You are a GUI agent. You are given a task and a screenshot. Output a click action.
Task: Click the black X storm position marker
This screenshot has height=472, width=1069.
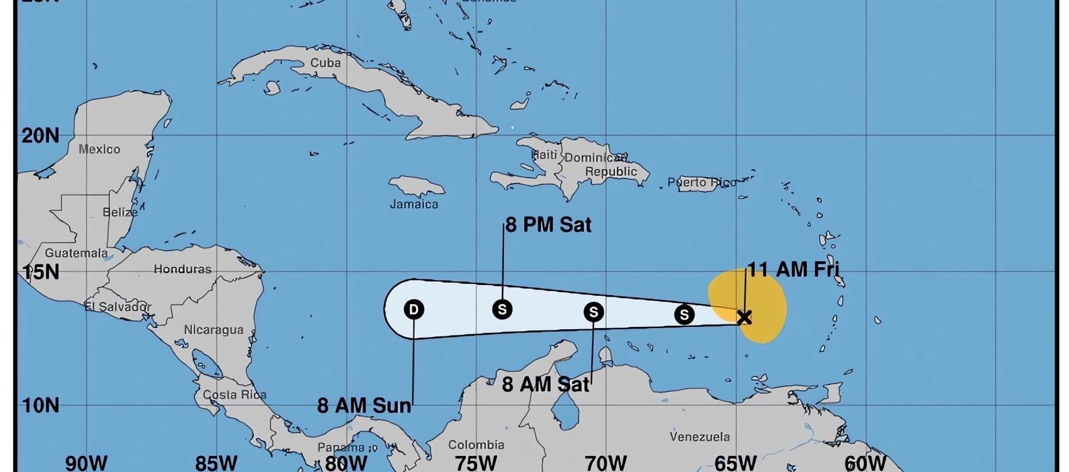coord(744,317)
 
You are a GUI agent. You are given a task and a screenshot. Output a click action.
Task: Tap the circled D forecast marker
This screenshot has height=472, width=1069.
coord(413,309)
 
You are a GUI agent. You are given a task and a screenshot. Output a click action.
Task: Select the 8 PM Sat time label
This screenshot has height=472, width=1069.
coord(548,225)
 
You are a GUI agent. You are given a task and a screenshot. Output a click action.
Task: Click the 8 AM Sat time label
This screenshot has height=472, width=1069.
coord(545,384)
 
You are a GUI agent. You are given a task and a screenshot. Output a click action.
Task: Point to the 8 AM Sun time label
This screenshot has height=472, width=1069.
coord(364,406)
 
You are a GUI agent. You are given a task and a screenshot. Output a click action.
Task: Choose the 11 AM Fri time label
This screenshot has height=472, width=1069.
coord(793,269)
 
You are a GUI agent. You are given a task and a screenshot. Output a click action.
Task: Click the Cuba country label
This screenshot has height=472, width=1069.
coord(325,62)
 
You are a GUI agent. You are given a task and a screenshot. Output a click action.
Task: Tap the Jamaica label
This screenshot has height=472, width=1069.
coord(414,204)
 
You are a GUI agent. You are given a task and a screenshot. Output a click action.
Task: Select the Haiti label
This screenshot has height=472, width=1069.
coord(545,155)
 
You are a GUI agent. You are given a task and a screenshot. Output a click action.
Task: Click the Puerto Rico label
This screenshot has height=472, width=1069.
coord(701,182)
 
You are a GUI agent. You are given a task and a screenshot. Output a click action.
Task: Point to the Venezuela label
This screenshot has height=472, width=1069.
coord(700,436)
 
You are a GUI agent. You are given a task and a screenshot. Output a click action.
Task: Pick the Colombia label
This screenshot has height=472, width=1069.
coord(476,445)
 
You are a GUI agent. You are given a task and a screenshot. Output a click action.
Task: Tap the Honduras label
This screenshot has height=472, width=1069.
coord(182,269)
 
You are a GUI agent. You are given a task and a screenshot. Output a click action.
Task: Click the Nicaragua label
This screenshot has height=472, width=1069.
coord(214,330)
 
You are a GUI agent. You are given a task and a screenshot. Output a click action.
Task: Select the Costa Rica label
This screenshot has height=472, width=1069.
coord(234,394)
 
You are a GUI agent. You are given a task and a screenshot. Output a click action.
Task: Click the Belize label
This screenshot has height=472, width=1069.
coord(120,212)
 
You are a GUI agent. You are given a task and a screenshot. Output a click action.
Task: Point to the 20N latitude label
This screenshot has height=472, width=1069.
coord(40,136)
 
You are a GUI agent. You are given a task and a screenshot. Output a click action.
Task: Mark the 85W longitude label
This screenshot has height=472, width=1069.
coord(216,463)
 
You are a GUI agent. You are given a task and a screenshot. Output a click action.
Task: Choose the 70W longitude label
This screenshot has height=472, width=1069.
coord(605,463)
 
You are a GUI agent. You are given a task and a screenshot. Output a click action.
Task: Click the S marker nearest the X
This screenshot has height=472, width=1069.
coord(684,315)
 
